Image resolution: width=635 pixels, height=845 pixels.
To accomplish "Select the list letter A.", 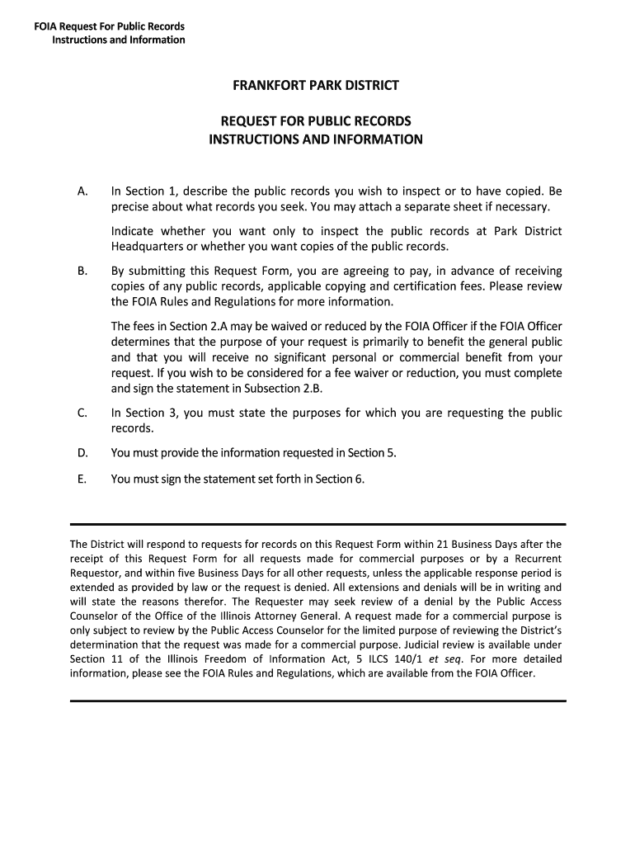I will [82, 191].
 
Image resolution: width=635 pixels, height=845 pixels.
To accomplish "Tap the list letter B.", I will [82, 271].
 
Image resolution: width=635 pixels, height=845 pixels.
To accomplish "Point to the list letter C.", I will [82, 413].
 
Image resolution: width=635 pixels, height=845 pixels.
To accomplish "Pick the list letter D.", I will [82, 452].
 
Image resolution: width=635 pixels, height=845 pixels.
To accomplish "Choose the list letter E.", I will [82, 479].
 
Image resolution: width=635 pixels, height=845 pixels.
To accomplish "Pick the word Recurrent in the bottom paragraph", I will [534, 558].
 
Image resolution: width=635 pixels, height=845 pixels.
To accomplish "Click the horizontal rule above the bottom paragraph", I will [317, 524].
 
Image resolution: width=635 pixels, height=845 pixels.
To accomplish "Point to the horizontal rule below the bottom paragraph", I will [317, 701].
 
